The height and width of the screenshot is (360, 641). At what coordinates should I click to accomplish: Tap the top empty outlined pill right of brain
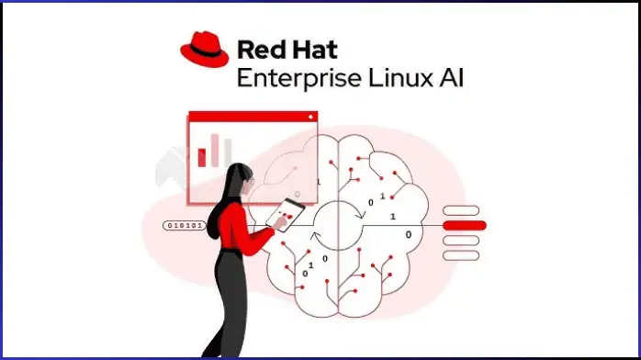461,210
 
